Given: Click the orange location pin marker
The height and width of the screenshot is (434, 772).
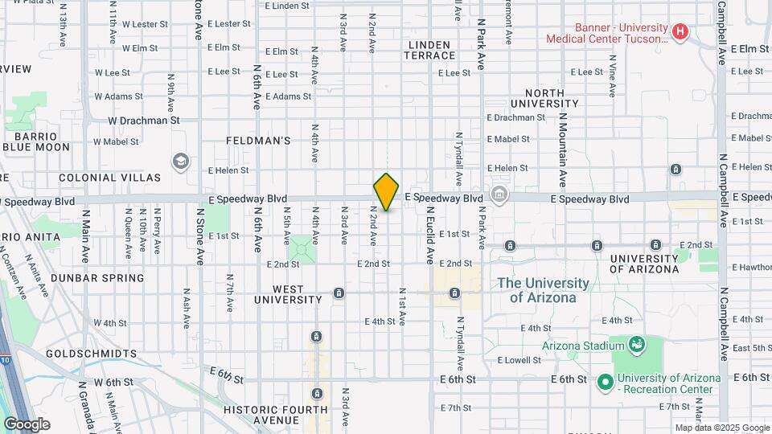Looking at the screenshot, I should [x=386, y=191].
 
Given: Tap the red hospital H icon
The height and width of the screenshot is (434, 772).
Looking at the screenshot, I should [x=680, y=32].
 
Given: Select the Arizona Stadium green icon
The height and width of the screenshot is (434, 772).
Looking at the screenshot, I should [x=637, y=345].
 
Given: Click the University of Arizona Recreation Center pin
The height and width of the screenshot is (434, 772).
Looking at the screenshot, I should [x=605, y=382].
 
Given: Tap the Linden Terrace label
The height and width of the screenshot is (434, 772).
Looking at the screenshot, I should [x=431, y=50].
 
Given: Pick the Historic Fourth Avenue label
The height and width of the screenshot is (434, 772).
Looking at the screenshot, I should [x=261, y=415].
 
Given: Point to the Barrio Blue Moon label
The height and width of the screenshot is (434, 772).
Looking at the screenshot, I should [x=36, y=141].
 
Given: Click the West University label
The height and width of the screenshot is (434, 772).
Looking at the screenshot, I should [x=288, y=294].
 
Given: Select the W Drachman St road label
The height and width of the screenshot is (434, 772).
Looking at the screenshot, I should [x=143, y=121].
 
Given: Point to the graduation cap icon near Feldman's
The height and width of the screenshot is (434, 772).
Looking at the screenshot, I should [x=180, y=161].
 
